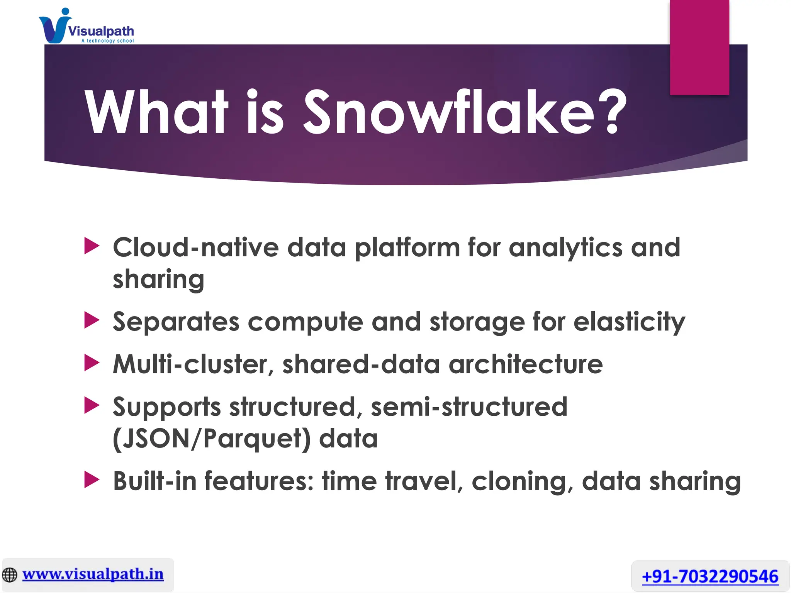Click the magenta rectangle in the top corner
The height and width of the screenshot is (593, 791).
[x=699, y=47]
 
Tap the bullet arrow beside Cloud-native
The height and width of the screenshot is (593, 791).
[x=92, y=246]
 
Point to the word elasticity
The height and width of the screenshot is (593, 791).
[x=629, y=322]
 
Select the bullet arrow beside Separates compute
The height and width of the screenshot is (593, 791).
[x=92, y=320]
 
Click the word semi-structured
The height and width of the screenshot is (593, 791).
[x=469, y=407]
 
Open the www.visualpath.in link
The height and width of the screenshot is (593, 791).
[x=93, y=574]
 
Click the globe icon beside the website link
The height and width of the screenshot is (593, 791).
[x=10, y=575]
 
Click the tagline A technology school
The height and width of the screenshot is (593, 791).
[x=107, y=41]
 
